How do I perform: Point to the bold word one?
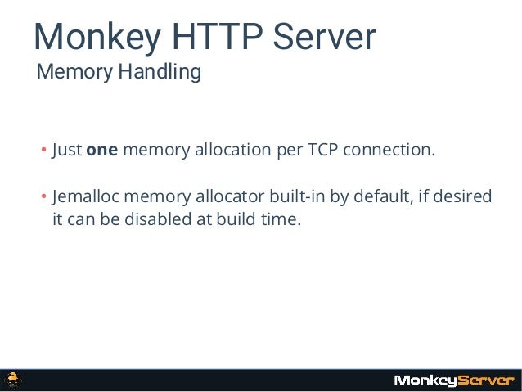(102, 151)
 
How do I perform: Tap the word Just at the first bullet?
(66, 151)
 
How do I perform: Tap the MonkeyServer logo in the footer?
(453, 381)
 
